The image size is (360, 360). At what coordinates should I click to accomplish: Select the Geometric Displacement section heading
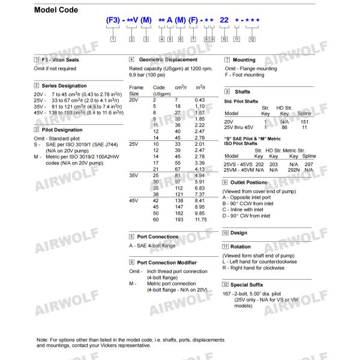click(x=168, y=60)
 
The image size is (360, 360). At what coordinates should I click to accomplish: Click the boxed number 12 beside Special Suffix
click(x=226, y=284)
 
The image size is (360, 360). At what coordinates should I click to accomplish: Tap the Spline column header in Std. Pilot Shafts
click(x=304, y=113)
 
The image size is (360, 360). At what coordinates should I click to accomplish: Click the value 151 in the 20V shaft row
click(x=304, y=121)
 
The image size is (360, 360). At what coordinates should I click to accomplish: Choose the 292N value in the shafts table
click(x=294, y=170)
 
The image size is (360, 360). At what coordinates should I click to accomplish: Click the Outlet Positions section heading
click(x=249, y=182)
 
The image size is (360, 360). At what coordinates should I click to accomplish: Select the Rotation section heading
click(x=241, y=246)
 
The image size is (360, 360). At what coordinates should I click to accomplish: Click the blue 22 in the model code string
click(x=224, y=20)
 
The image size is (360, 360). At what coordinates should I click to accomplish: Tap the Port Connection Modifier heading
click(x=167, y=262)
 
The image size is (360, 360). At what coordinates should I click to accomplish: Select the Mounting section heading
click(x=244, y=60)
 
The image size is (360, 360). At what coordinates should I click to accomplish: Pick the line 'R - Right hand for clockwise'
click(x=253, y=268)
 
